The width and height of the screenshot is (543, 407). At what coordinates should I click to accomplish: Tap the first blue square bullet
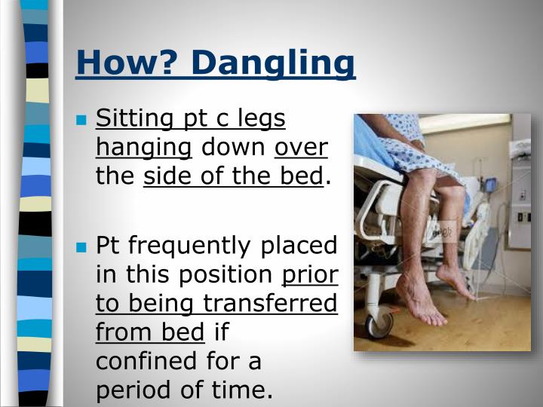pos(83,121)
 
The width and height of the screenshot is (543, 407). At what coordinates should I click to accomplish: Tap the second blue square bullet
pos(83,247)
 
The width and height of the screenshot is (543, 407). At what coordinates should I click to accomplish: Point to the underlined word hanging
pos(143,148)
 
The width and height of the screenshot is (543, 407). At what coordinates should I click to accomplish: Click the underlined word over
pos(300,148)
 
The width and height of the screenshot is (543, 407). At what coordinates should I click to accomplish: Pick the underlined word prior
pos(309,274)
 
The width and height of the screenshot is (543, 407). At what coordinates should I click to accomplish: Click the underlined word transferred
pos(265,303)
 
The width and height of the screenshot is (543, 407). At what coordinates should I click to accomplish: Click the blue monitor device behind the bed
pos(490,185)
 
